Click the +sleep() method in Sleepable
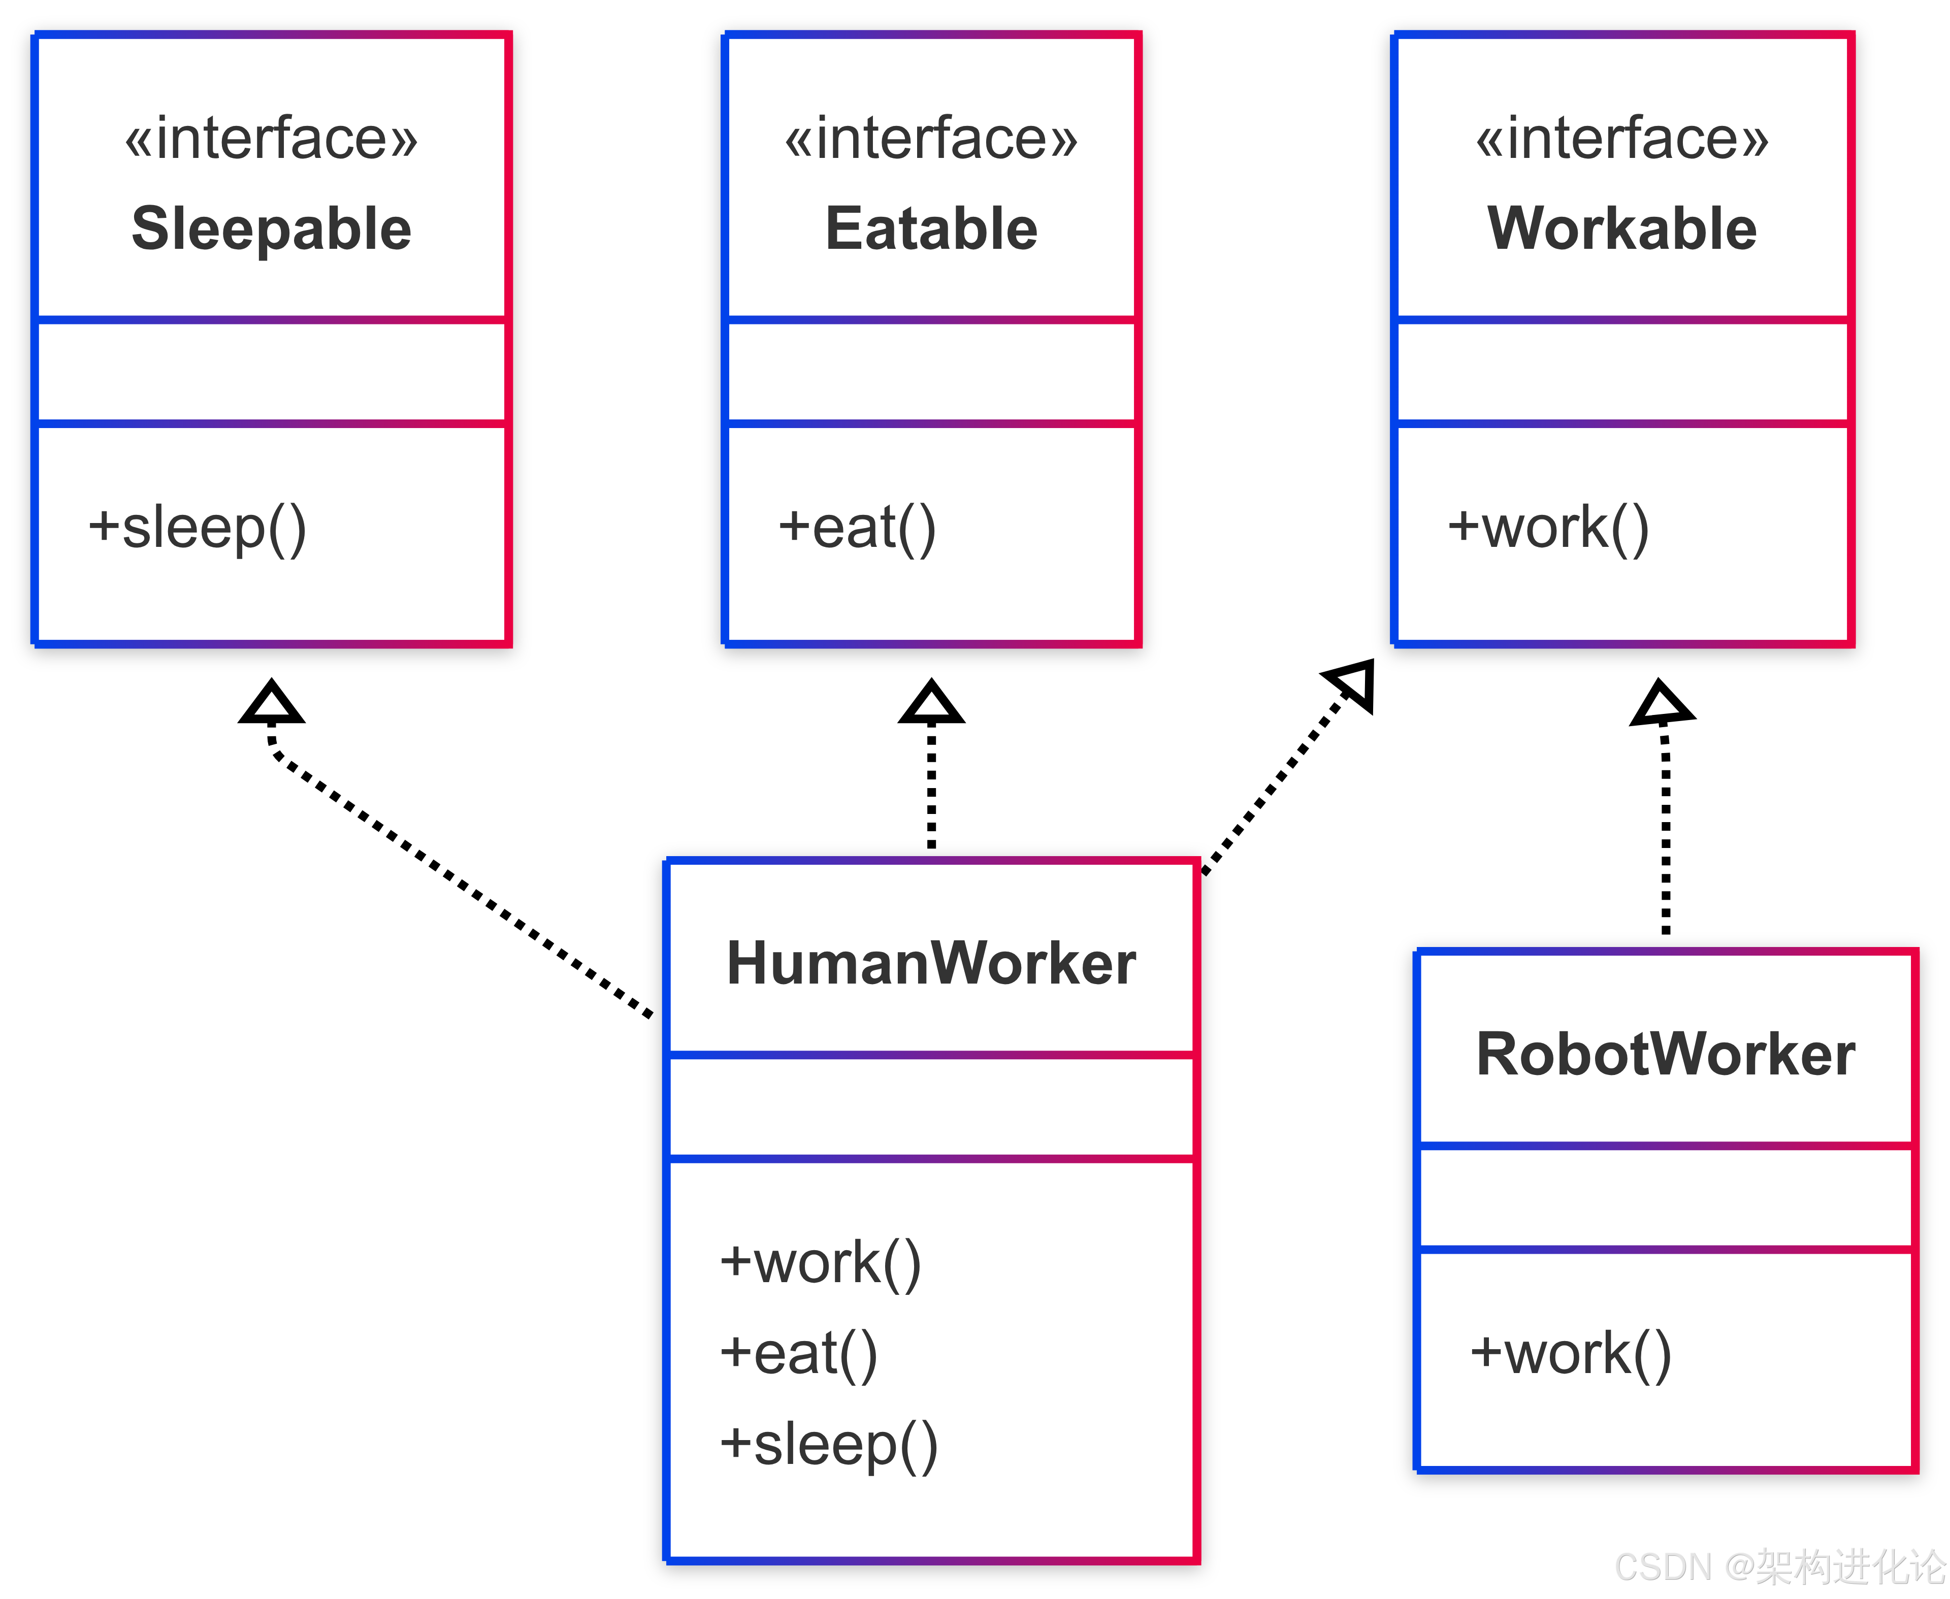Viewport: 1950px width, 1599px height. pos(197,529)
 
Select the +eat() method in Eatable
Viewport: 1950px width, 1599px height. pos(857,529)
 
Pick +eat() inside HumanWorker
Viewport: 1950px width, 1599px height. pos(798,1354)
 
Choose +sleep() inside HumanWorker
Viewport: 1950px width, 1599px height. pos(828,1444)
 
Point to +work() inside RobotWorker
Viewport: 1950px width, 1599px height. pos(1571,1354)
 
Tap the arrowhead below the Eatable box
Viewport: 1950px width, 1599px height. pos(931,705)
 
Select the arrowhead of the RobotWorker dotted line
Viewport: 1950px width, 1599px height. pos(1662,705)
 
